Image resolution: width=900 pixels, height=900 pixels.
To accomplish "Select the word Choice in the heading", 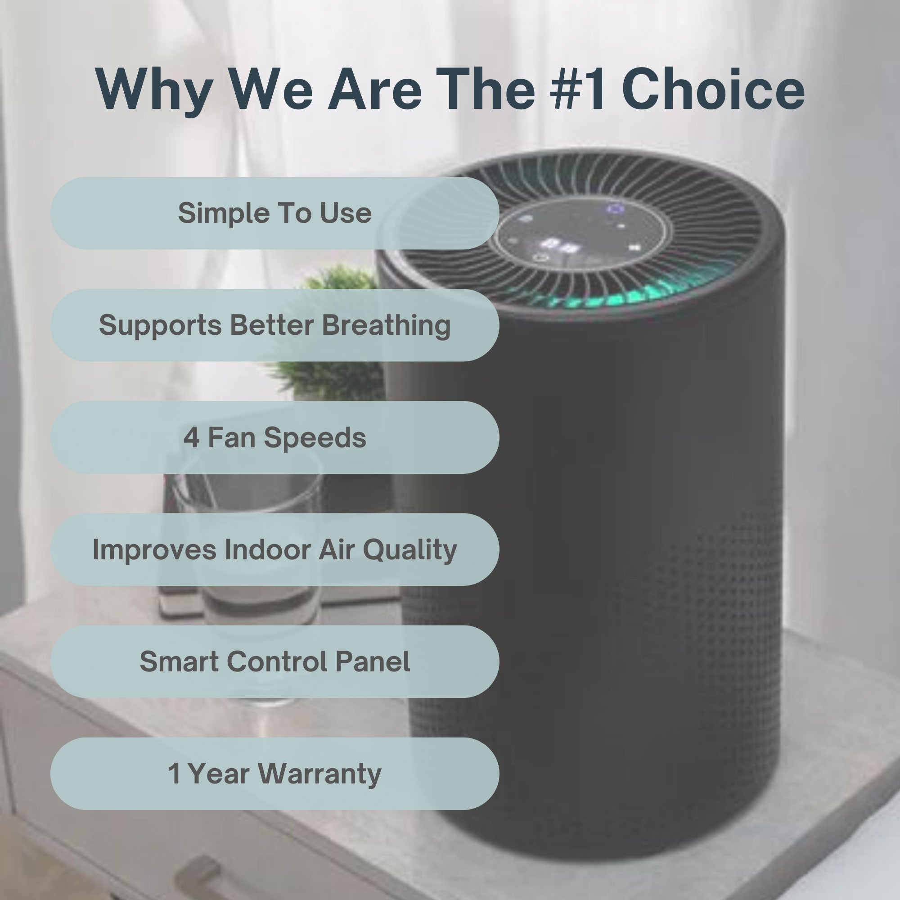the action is [713, 89].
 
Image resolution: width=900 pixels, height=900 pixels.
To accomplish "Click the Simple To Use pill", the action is [275, 213].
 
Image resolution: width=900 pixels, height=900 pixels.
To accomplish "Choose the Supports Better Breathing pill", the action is [275, 325].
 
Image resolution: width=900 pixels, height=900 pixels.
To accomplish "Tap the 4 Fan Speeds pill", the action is [275, 437].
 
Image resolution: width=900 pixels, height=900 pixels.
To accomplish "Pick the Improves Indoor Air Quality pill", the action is [275, 550].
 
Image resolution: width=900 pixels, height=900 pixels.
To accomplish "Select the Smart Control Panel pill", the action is [275, 661].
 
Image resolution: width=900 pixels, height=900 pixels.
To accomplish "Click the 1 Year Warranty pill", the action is [275, 774].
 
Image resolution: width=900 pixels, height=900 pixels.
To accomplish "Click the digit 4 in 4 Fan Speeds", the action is [191, 438].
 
